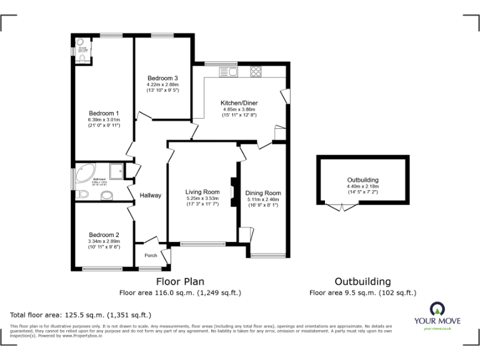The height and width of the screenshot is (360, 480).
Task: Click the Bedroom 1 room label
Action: pos(104,113)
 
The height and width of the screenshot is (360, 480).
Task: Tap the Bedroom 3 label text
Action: pos(162,77)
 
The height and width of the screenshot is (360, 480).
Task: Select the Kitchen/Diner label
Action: pos(239,102)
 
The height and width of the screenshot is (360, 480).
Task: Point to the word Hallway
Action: pos(151,195)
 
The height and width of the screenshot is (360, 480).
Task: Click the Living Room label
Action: pos(202,192)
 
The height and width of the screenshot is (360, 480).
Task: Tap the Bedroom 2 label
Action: pos(104,235)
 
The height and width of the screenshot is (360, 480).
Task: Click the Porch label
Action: pos(151,255)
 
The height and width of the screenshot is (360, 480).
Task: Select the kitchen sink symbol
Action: pos(229,71)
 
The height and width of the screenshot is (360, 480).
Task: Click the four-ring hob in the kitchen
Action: pos(256,71)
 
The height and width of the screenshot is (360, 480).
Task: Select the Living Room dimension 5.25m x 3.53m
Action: pos(202,199)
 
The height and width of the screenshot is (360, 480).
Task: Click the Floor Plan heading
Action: pos(180,281)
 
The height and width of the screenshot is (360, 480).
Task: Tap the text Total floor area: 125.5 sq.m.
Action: pos(81,315)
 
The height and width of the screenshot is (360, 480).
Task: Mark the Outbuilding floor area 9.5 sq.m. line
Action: pos(362,292)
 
